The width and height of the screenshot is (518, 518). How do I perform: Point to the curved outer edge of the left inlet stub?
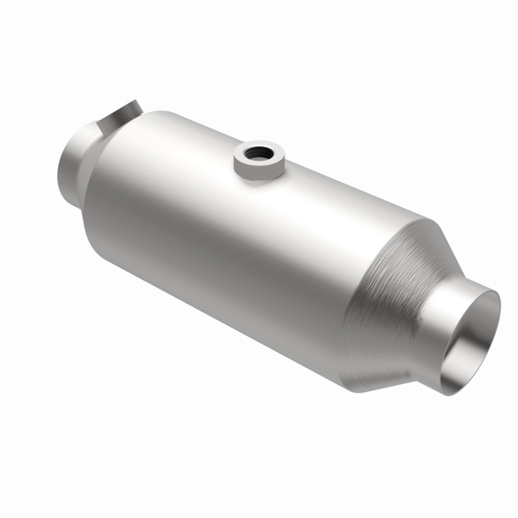tap(61, 170)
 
